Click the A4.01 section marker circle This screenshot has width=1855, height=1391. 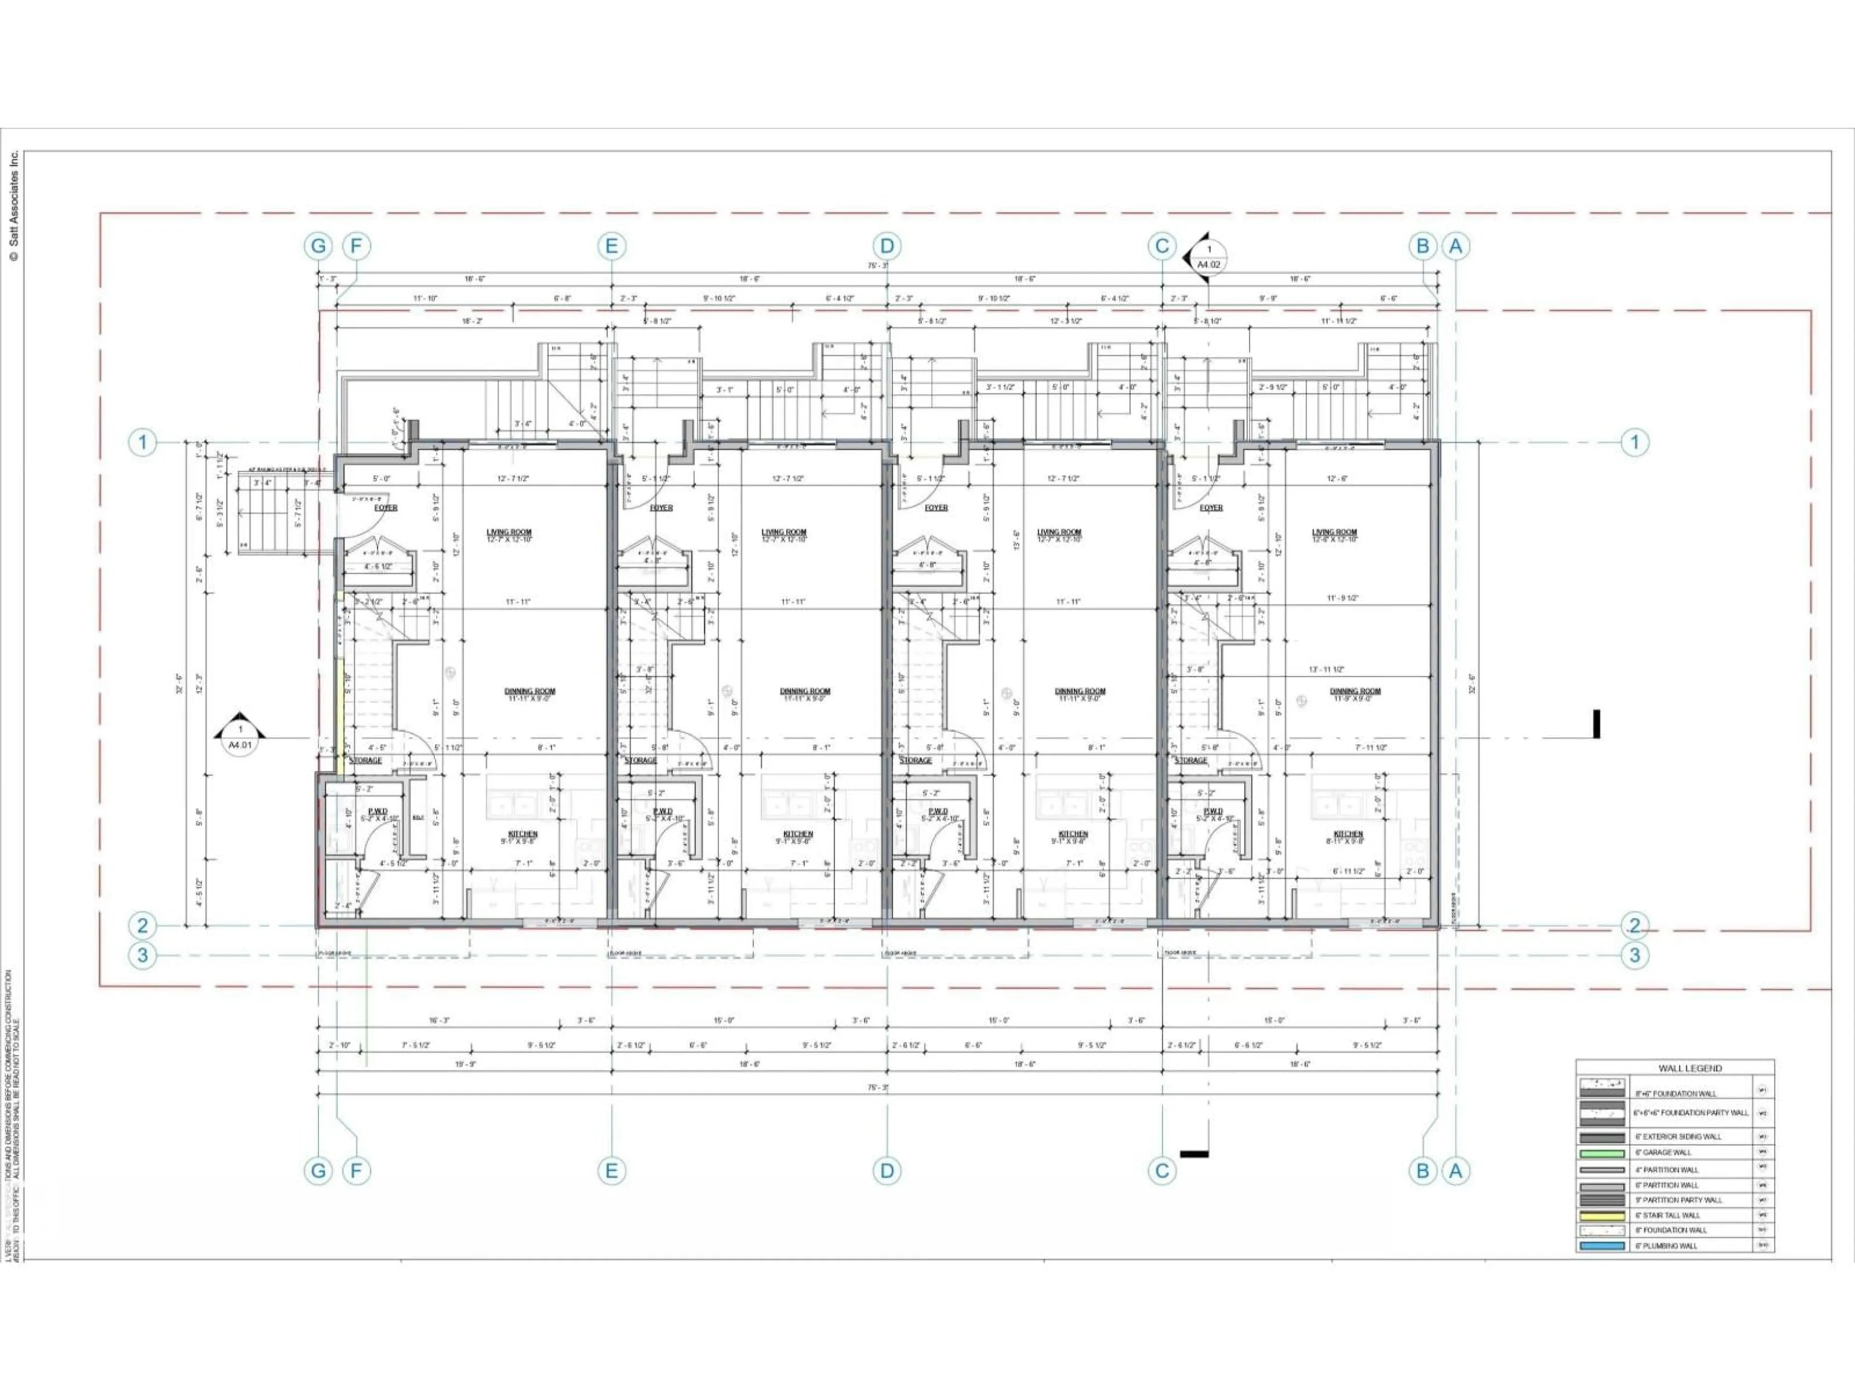coord(240,737)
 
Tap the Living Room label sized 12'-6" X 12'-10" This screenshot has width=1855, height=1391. coord(1334,535)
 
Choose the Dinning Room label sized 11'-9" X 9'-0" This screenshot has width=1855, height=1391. coord(1355,694)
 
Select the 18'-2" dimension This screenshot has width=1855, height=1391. coord(472,321)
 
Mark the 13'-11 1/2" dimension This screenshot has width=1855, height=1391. coord(1327,669)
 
